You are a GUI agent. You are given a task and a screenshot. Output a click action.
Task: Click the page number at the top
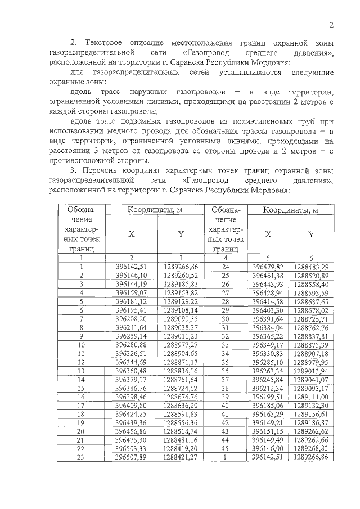coord(331,25)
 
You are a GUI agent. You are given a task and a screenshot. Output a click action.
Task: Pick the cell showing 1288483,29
coord(311,266)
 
